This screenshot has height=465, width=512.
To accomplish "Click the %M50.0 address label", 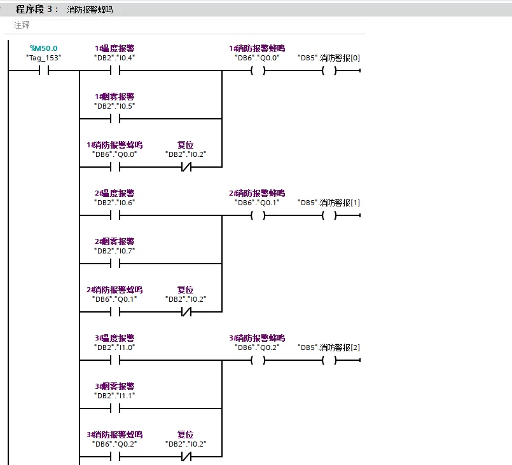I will click(x=43, y=48).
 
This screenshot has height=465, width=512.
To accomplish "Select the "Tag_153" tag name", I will click(x=43, y=58).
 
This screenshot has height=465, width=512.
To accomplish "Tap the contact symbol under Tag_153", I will click(x=43, y=71).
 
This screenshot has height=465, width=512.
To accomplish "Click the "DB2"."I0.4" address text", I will click(x=114, y=58).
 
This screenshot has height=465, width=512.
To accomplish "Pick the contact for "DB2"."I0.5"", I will click(x=114, y=119).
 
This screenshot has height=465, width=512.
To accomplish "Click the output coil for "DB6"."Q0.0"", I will click(x=257, y=71).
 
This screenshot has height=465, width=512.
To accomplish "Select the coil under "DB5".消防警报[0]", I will click(x=328, y=71).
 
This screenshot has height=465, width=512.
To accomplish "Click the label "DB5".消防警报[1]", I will click(x=328, y=203).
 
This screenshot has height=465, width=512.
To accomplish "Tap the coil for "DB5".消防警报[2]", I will click(x=328, y=360).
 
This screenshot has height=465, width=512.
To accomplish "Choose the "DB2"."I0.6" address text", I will click(x=114, y=203).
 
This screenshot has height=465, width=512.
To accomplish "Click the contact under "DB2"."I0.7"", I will click(x=114, y=264).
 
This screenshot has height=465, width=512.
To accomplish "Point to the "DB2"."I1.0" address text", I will click(x=114, y=347).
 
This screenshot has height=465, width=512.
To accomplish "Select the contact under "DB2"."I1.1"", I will click(x=114, y=408).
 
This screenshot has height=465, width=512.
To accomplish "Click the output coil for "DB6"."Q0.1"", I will click(x=257, y=215).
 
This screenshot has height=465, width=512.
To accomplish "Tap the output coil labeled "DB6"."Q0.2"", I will click(x=257, y=360).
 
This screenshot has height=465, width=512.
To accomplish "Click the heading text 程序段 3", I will click(x=37, y=10).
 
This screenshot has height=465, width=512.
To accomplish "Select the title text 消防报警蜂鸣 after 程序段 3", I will click(x=90, y=10).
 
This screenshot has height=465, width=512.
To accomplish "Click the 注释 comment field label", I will click(x=22, y=25).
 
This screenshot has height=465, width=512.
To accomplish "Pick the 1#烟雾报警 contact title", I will click(x=114, y=97).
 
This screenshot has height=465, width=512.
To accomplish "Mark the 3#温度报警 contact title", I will click(x=114, y=338).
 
